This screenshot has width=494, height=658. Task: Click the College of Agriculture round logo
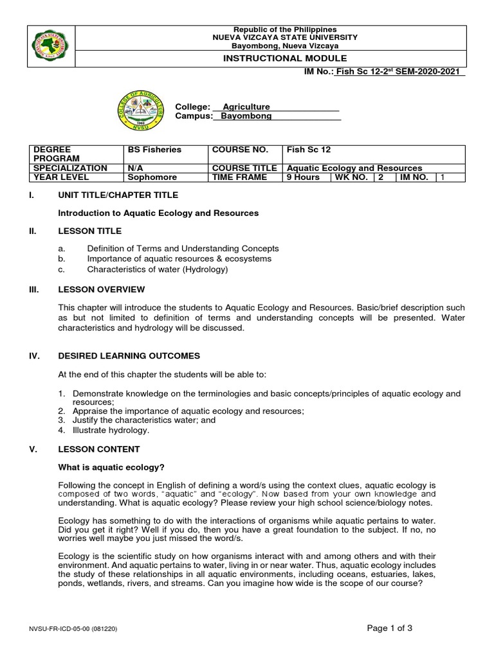pyautogui.click(x=140, y=111)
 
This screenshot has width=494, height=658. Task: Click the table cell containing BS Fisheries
pyautogui.click(x=154, y=150)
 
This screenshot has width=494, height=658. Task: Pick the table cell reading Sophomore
pyautogui.click(x=152, y=177)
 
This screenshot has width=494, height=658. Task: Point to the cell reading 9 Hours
pyautogui.click(x=303, y=177)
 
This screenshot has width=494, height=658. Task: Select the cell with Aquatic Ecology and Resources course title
pyautogui.click(x=354, y=168)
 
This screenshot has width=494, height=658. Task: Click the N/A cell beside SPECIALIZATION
pyautogui.click(x=135, y=168)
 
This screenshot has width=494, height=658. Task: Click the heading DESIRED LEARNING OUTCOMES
pyautogui.click(x=129, y=356)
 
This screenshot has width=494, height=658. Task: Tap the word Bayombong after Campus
pyautogui.click(x=246, y=116)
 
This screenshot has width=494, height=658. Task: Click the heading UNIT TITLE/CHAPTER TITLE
pyautogui.click(x=118, y=195)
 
